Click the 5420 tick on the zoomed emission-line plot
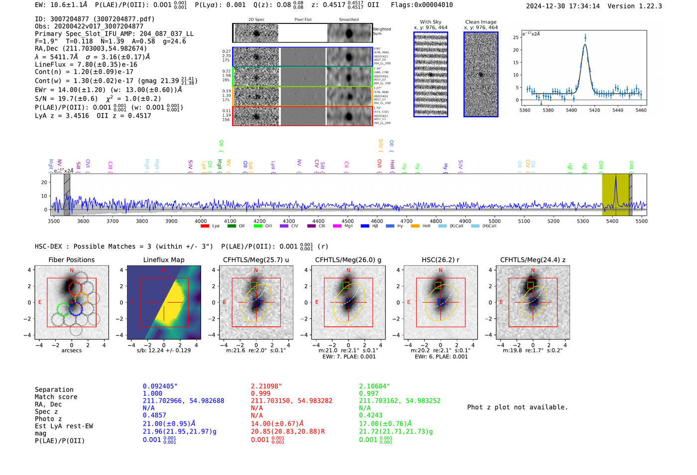594,110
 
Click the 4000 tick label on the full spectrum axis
201,221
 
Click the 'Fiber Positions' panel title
71,260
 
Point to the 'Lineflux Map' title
164,260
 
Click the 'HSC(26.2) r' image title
440,260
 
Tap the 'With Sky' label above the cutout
431,22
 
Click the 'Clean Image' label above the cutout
480,22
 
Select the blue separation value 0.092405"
160,386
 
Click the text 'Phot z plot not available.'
517,407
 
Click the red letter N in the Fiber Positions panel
72,271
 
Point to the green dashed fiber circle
63,310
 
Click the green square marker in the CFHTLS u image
254,285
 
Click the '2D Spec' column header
256,20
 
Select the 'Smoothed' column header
348,20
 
